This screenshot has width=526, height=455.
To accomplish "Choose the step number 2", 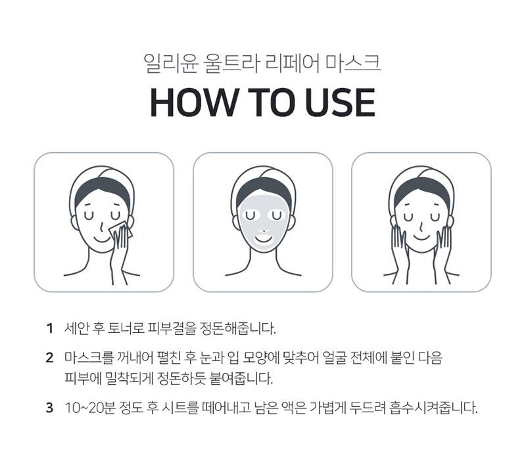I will point(49,359).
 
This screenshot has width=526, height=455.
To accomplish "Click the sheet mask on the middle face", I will point(263,227).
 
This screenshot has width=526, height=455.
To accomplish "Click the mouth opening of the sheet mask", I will point(263,240).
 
